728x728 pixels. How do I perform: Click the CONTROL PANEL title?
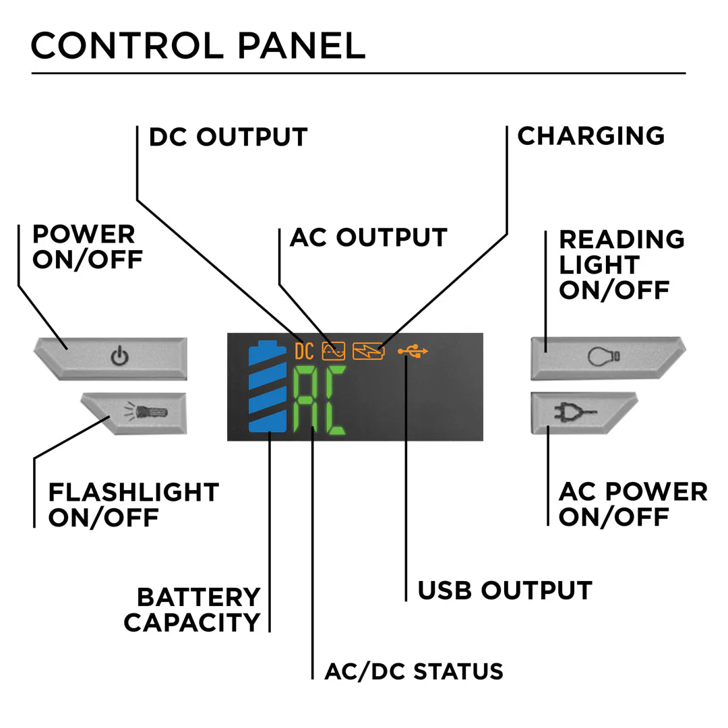coord(198,45)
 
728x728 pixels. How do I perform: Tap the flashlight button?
coord(135,413)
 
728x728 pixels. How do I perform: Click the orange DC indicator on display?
coord(304,351)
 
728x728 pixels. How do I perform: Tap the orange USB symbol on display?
coord(413,351)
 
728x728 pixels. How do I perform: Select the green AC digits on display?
coord(319,402)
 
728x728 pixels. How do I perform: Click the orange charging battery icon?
coord(369,351)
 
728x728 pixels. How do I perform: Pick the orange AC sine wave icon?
coord(334,351)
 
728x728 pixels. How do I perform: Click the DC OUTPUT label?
coord(228,137)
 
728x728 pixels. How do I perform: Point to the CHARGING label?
coord(590,135)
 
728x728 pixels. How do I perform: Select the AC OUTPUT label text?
coord(368,237)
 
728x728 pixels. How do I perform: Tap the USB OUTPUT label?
coord(504,590)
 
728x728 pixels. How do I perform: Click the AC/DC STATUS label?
coord(414,671)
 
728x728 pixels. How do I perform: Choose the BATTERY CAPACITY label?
coord(192,609)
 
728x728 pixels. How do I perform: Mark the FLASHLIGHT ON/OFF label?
coord(133,504)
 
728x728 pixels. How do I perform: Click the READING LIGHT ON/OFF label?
coord(621,264)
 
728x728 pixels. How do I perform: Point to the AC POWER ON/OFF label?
coord(632,504)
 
